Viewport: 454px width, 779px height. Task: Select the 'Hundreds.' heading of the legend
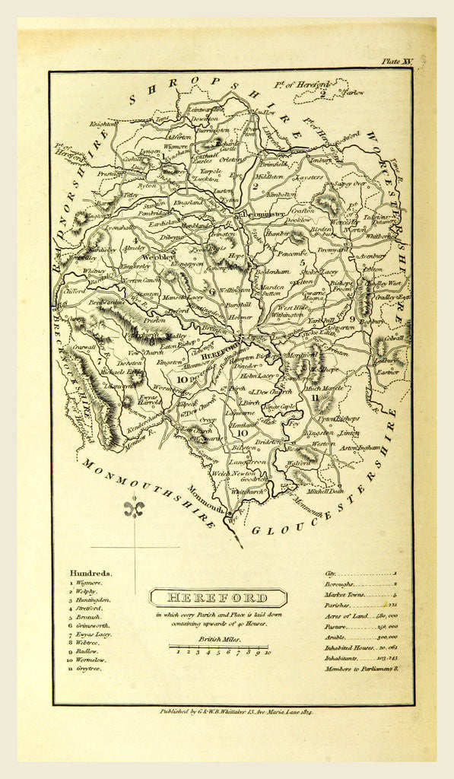click(x=90, y=574)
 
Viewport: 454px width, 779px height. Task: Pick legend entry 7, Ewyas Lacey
click(x=92, y=634)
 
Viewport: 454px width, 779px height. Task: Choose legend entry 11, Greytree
click(x=88, y=669)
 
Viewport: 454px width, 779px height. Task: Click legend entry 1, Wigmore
click(x=87, y=583)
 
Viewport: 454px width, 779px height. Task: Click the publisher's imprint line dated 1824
click(x=237, y=711)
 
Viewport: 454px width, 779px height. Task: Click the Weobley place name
click(x=159, y=257)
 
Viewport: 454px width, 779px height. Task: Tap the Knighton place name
click(x=103, y=122)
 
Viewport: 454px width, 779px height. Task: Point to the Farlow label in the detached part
click(x=353, y=93)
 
